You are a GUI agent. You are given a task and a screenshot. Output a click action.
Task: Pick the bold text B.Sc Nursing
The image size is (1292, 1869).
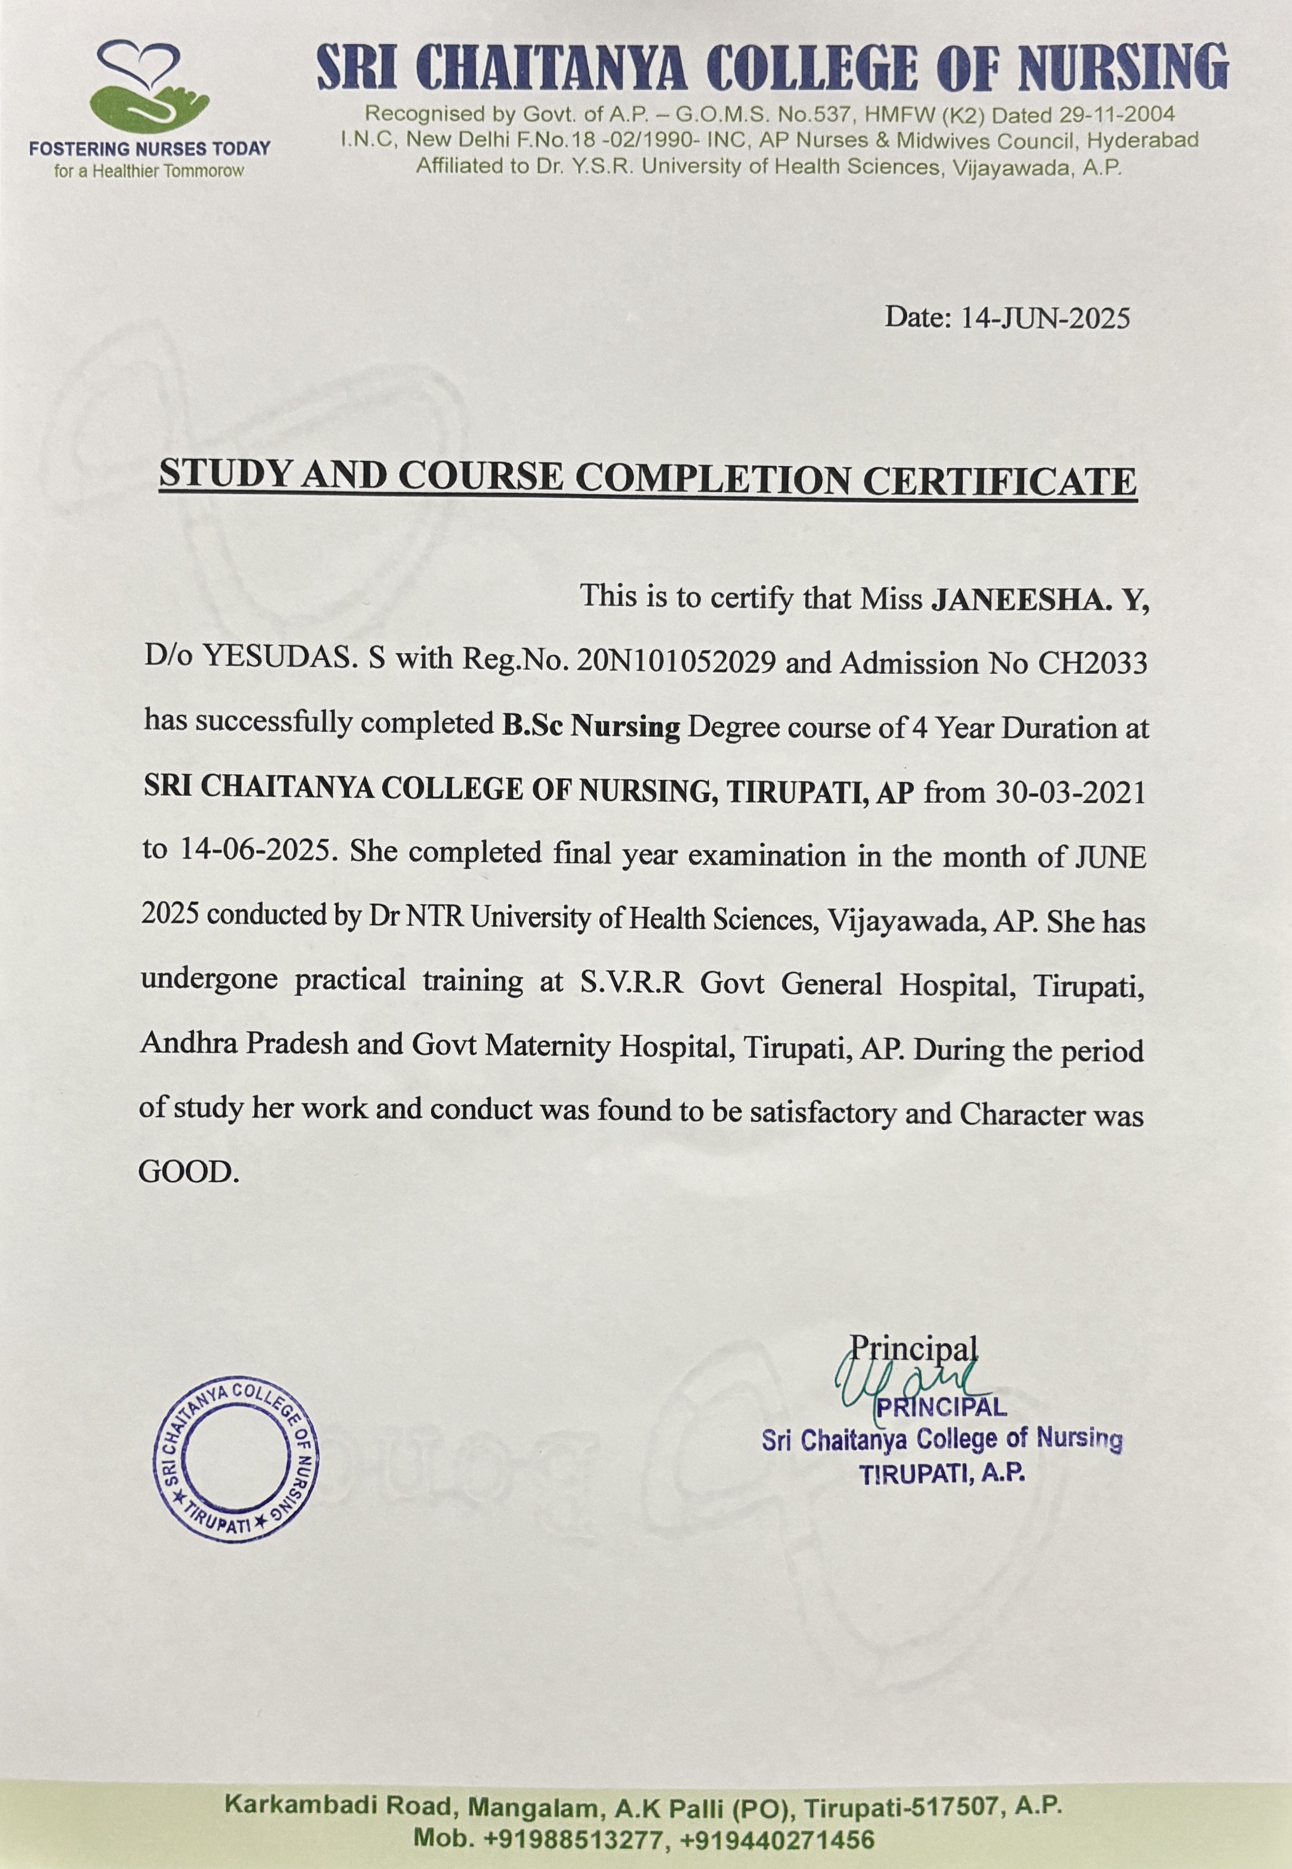click(591, 727)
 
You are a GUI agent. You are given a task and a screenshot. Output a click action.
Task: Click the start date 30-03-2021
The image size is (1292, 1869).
click(1070, 791)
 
